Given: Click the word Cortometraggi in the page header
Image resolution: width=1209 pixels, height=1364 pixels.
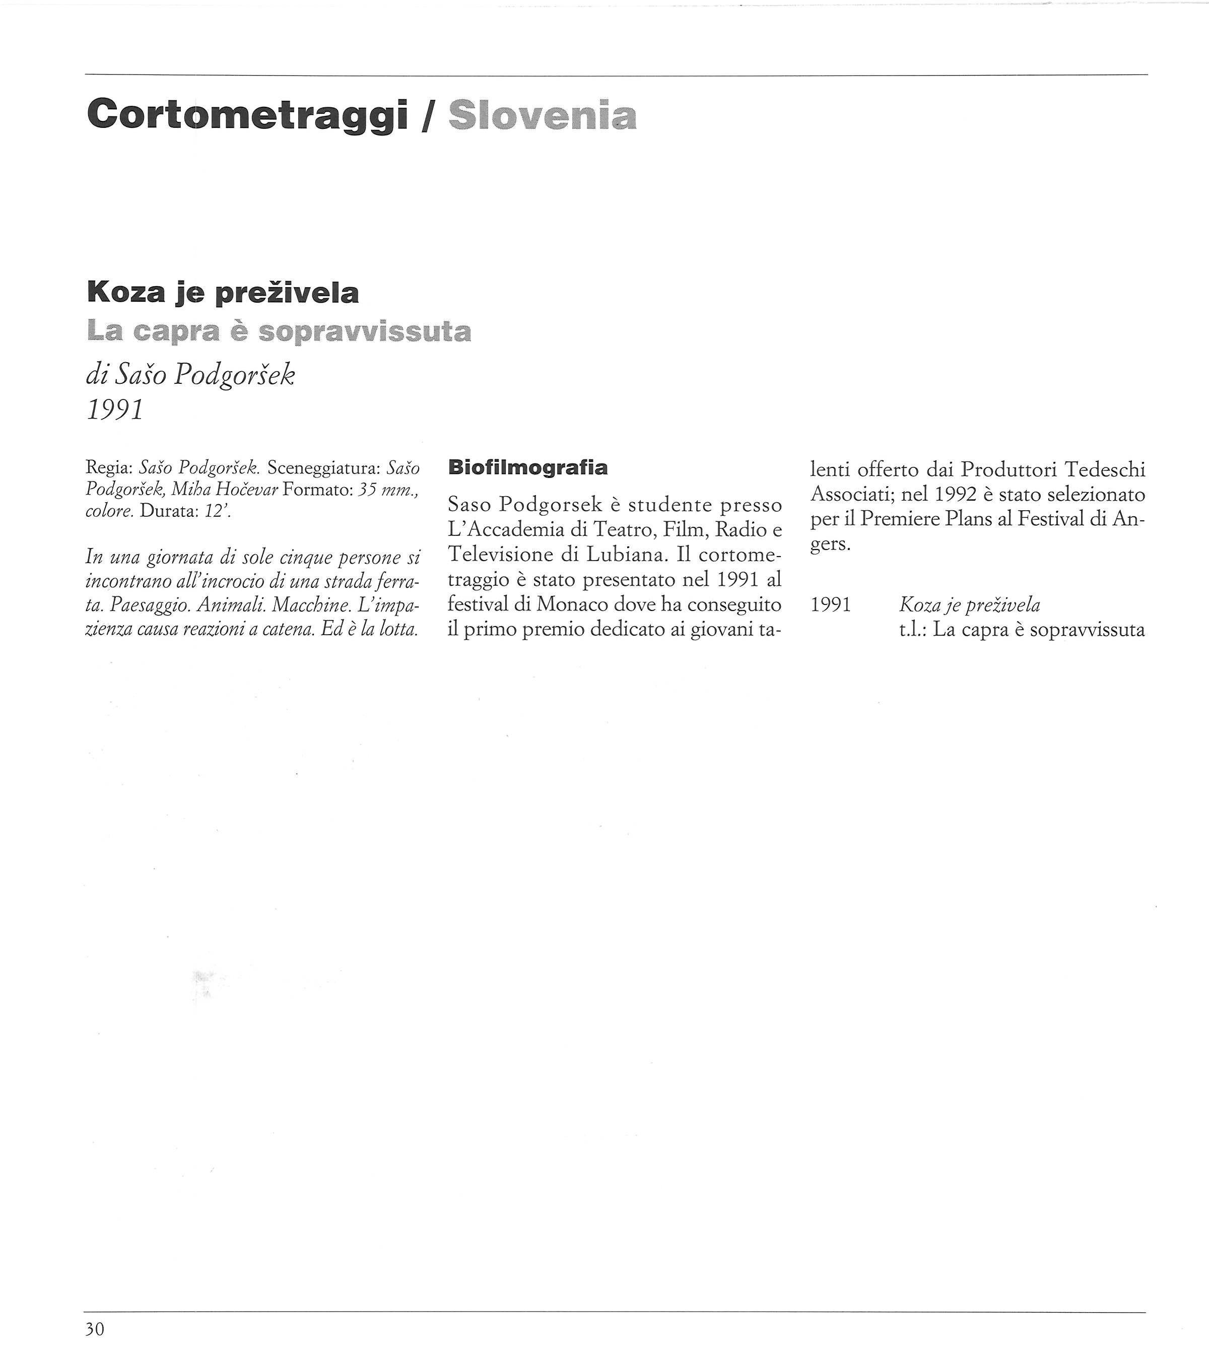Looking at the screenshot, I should point(247,115).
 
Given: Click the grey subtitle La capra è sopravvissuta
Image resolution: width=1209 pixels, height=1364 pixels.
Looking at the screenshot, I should point(279,331).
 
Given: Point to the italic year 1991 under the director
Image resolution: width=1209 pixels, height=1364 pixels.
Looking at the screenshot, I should point(115,410).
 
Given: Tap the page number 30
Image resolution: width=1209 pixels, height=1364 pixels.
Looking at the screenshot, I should point(95,1329).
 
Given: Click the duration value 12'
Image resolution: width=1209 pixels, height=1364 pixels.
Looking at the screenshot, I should point(218,512).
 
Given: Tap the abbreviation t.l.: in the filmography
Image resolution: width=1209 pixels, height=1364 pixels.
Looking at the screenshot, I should point(912,629).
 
